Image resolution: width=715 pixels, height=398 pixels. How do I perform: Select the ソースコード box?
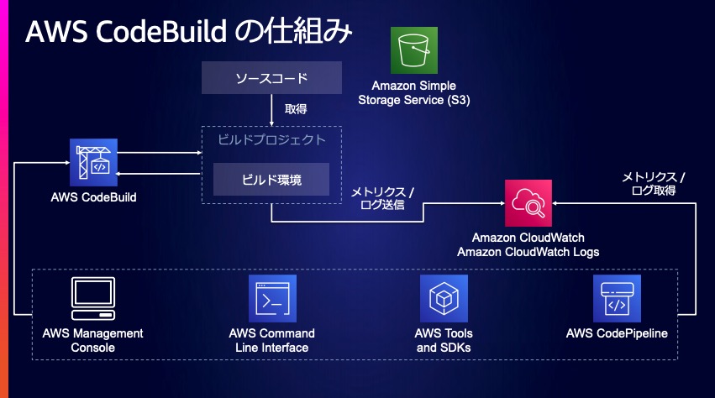click(271, 80)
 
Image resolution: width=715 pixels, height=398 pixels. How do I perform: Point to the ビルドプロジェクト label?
click(271, 139)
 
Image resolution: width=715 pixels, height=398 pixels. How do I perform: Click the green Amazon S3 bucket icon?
click(414, 50)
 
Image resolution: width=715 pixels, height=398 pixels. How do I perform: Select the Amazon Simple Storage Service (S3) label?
click(414, 92)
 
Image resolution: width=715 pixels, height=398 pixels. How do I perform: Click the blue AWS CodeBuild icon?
click(92, 160)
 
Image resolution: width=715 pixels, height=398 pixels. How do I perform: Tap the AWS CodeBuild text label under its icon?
click(92, 197)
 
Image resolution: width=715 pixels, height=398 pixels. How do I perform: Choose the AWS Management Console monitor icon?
click(92, 299)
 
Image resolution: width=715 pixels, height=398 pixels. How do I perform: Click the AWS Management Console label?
click(92, 340)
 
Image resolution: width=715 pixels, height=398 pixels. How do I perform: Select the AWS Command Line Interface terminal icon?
click(272, 299)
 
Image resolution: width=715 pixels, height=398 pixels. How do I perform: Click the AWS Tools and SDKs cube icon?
click(444, 299)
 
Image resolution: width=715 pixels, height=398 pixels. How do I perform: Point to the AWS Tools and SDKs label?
click(444, 340)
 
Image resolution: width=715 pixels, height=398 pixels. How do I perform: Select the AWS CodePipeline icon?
click(617, 299)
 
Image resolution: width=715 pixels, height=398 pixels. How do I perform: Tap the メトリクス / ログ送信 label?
click(382, 197)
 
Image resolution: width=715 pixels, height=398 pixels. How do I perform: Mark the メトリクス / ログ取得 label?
click(653, 183)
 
